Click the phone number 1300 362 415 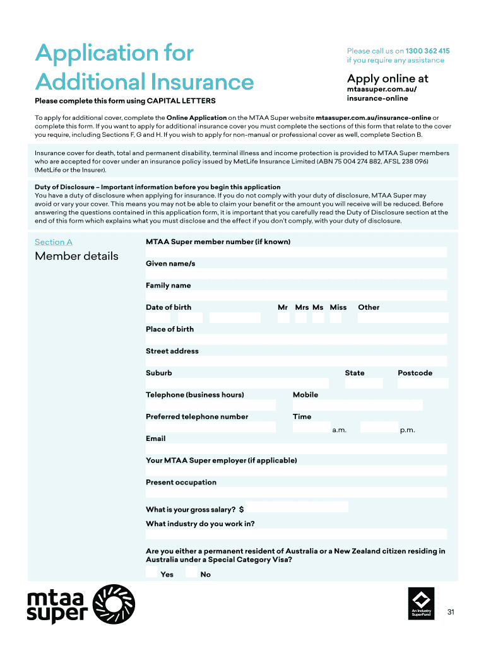point(427,50)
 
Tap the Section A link point(54,242)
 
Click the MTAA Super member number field point(296,252)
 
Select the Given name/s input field point(296,274)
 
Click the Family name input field point(296,296)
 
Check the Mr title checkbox point(283,318)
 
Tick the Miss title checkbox point(335,318)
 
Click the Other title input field point(403,318)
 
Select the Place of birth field point(296,339)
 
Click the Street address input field point(296,361)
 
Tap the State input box point(364,383)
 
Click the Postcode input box point(422,383)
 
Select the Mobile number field point(357,405)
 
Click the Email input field point(296,449)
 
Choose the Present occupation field point(296,493)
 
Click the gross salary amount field point(297,507)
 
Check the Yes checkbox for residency point(151,572)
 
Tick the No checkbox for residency point(191,572)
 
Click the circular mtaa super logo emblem point(114,605)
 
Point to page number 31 point(451,612)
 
